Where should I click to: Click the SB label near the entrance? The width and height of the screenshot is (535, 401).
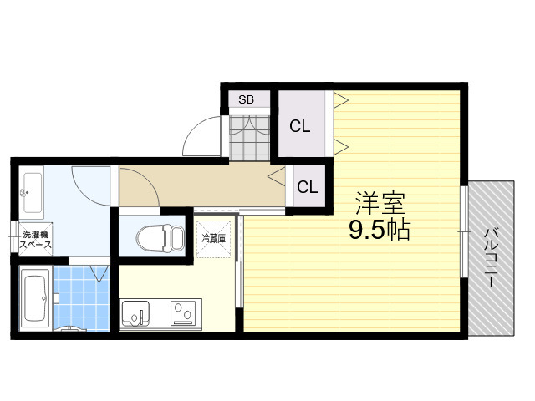tap(246, 99)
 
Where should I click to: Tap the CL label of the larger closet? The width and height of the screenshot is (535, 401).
tap(300, 126)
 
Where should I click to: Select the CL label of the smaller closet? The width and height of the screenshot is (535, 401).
tap(307, 187)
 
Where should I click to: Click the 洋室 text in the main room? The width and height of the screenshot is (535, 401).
tap(380, 203)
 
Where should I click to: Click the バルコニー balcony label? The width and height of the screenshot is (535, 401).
tap(492, 258)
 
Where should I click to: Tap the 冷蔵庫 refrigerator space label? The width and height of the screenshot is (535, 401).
tap(214, 238)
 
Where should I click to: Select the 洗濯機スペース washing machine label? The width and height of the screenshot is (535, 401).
tap(35, 240)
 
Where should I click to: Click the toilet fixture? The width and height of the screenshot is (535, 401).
tap(160, 238)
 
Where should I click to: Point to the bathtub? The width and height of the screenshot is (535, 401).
tap(35, 299)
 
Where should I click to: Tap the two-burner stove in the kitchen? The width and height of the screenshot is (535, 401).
tap(183, 313)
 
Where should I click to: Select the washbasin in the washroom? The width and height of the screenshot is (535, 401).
tap(32, 193)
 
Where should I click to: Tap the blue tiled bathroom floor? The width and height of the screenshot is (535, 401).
tap(82, 298)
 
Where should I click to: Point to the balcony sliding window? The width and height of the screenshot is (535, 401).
tap(464, 231)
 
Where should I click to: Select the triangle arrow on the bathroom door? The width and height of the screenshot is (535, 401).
tap(99, 274)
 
